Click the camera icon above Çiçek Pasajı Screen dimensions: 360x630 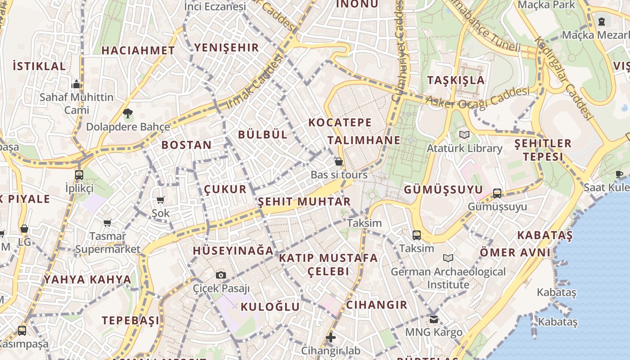coord(221,275)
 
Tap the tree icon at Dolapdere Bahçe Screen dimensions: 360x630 coord(128,113)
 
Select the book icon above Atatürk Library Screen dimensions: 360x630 coord(464,135)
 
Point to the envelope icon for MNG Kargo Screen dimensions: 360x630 coord(433,319)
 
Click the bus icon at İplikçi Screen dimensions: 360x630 coord(79,175)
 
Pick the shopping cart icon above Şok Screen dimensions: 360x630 coord(160,200)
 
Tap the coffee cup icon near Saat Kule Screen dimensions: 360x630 coord(619,174)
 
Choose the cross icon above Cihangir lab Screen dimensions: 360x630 coord(331,337)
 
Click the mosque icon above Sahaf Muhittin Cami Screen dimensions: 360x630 coord(76,84)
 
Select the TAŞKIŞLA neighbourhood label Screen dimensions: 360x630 coord(456,81)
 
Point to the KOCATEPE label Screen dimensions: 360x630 coord(340,122)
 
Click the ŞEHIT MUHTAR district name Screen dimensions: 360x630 coord(304,202)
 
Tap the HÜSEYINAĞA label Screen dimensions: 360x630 coord(233,251)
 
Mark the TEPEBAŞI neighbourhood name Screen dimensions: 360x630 coord(130,320)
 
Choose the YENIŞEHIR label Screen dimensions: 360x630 coord(226,48)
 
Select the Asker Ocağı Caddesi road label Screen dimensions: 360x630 coord(478,98)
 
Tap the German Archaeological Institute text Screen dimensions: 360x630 coord(448,278)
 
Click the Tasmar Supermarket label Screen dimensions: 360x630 coord(108,243)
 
